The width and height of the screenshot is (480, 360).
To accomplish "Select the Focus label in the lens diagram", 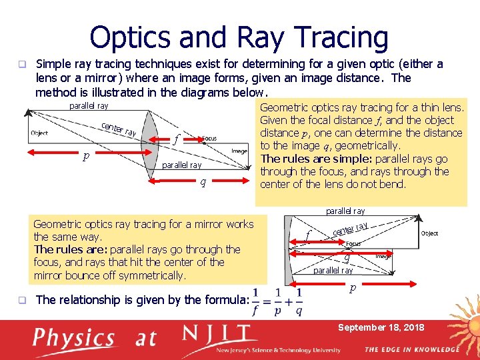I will coord(209,139).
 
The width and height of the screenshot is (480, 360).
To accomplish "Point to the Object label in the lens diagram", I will coord(39,133).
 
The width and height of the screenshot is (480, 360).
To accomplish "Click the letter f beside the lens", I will coord(175,140).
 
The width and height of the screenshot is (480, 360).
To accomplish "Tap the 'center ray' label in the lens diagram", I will coord(119,128).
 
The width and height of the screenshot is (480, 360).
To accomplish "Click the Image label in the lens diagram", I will coord(239,151).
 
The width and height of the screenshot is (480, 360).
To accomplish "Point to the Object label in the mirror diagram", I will coord(429,233).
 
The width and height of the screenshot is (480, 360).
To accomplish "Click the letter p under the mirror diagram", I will coord(353,289).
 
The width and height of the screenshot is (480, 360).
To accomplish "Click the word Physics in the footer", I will coord(75,338).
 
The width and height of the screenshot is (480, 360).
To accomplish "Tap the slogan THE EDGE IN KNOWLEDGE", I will coord(411,349).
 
